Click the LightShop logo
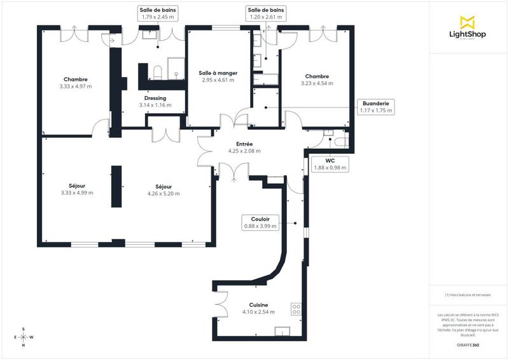tap(468, 29)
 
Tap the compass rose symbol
tap(24, 337)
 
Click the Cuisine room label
tap(258, 308)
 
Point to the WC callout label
tap(330, 164)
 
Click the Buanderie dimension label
tap(376, 106)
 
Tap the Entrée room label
tap(244, 148)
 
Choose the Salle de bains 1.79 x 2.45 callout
tap(159, 13)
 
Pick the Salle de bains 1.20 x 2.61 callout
tap(267, 13)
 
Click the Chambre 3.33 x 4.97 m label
tap(75, 82)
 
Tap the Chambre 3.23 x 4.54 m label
tap(317, 80)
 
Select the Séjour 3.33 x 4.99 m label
tap(76, 189)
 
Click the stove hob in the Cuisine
tap(296, 310)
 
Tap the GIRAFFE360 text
tap(468, 344)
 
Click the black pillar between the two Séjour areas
tap(116, 186)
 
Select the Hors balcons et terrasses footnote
tap(468, 295)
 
